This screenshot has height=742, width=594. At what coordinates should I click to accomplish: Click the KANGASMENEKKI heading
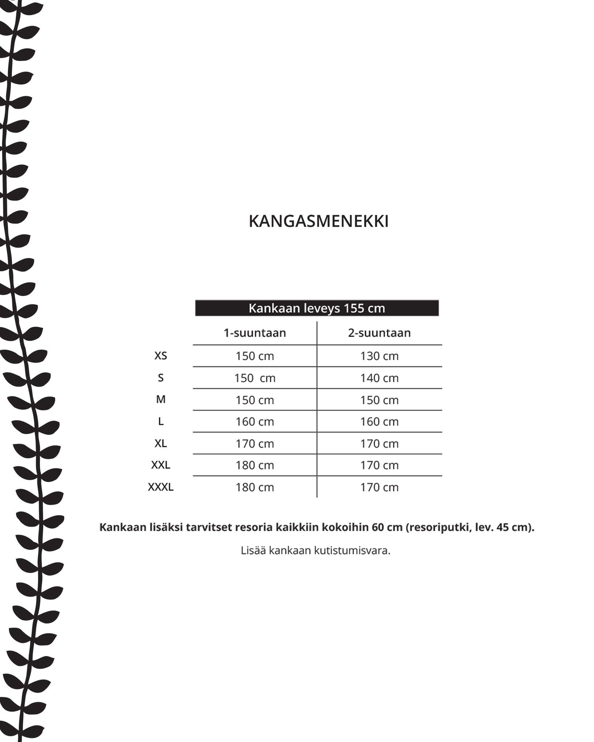click(318, 221)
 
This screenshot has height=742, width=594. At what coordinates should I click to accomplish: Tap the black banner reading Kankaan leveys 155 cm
click(317, 308)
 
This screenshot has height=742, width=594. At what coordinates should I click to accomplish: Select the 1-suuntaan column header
click(255, 333)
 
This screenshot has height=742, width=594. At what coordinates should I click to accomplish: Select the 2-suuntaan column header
click(379, 333)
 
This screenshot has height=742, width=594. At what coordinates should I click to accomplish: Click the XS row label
click(161, 356)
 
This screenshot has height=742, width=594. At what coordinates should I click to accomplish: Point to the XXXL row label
click(161, 487)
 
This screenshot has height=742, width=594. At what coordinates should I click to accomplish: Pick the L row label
click(161, 421)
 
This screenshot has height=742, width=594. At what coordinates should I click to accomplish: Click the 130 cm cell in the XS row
click(379, 356)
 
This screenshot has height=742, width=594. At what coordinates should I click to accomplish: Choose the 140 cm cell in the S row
click(379, 378)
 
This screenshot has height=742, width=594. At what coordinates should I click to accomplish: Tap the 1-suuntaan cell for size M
click(255, 400)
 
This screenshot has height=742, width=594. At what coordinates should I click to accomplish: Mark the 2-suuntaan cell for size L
click(379, 422)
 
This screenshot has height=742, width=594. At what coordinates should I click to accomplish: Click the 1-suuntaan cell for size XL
click(255, 444)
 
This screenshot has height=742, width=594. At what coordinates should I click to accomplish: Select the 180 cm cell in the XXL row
click(255, 466)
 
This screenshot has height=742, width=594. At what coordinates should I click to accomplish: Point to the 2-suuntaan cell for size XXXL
click(379, 488)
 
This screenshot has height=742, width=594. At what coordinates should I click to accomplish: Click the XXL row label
click(161, 465)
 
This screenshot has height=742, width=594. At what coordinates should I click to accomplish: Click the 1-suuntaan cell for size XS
click(255, 356)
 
